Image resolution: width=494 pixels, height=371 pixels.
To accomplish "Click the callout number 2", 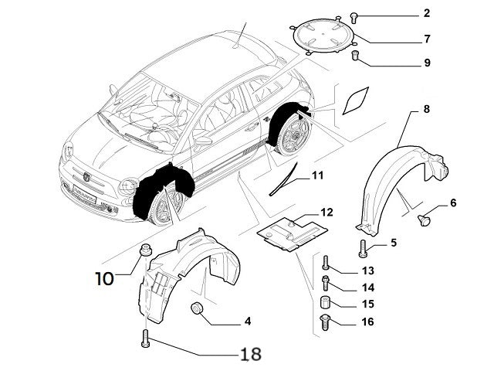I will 426,14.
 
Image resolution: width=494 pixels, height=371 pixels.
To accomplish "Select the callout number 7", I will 426,39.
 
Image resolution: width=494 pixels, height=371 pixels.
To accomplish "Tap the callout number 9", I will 426,63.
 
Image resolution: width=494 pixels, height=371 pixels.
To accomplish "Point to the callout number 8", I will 426,110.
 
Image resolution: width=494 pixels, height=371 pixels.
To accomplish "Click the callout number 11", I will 317,175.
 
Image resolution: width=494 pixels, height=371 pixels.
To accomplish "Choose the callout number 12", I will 327,212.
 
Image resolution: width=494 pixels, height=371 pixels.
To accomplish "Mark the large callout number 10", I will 105,277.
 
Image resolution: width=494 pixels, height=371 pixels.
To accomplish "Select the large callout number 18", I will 250,354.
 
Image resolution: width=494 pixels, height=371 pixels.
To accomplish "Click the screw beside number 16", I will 325,322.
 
